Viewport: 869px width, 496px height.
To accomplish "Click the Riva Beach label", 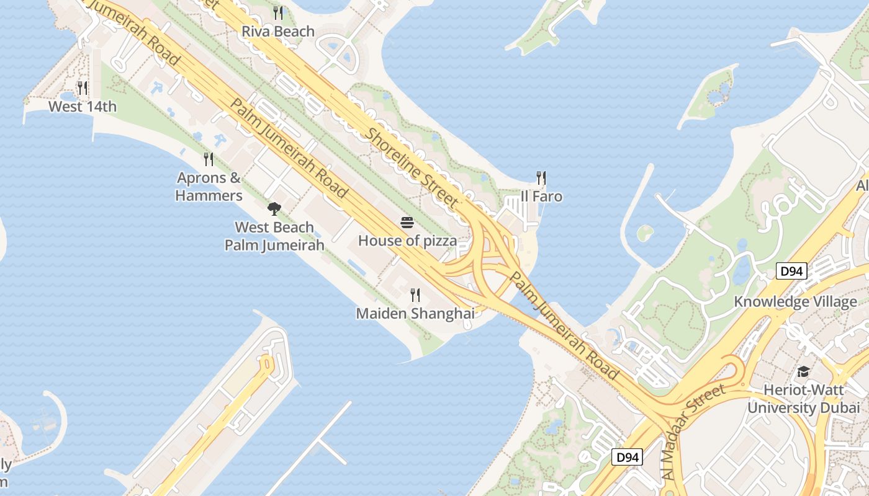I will (277, 31).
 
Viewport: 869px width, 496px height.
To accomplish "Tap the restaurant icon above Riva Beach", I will (278, 13).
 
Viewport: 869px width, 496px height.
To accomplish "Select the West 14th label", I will (83, 107).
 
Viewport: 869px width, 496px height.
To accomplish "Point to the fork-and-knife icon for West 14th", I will (82, 88).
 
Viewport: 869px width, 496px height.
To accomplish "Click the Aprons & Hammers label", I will (209, 187).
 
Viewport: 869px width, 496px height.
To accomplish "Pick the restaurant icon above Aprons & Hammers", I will (209, 159).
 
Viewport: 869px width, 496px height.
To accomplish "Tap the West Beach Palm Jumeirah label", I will (274, 236).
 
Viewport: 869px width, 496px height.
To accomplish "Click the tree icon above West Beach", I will (274, 208).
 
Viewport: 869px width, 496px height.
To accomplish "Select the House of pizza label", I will (407, 241).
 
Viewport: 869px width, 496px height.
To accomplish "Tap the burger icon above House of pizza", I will (407, 223).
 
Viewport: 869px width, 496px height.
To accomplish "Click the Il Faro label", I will (541, 197).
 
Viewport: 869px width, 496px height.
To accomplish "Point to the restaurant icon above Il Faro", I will (541, 179).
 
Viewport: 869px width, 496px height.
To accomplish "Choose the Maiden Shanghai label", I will (415, 314).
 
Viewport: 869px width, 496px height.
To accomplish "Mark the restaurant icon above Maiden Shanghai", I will (415, 295).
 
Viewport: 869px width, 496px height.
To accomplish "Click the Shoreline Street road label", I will (412, 167).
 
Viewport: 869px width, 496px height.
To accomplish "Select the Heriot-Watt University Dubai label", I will (803, 399).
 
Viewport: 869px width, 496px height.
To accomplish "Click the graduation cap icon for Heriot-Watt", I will (803, 372).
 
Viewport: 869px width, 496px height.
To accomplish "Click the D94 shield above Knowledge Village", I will (791, 271).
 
